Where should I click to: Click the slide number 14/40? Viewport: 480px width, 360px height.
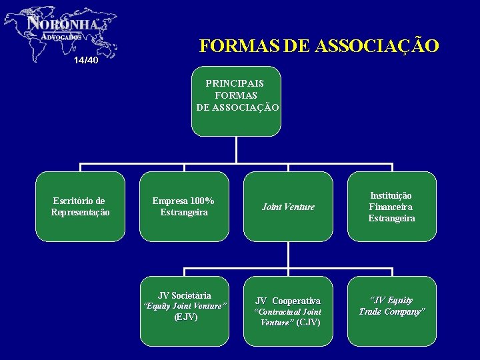tap(86, 61)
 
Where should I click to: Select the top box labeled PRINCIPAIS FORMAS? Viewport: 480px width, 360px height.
tap(236, 101)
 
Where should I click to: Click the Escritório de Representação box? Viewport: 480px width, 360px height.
tap(80, 207)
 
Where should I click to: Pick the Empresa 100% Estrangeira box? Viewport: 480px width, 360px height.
tap(184, 207)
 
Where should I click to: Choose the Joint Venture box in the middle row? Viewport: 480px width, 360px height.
tap(288, 207)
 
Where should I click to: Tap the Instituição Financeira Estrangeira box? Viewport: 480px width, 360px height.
tap(392, 207)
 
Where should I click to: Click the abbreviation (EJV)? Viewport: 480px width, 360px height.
tap(185, 317)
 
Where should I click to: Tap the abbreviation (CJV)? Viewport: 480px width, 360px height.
tap(308, 323)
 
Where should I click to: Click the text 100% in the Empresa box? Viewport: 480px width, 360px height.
tap(201, 201)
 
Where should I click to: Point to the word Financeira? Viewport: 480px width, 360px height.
tap(391, 207)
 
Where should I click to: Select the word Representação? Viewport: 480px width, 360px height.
tap(80, 213)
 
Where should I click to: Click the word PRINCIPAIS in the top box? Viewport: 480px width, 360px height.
tap(235, 84)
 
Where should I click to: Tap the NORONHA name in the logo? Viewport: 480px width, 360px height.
tap(64, 24)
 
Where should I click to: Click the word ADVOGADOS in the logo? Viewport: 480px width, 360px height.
tap(61, 37)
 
